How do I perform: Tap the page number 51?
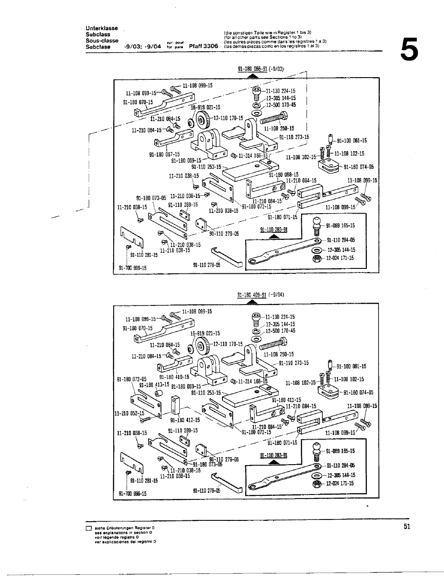(x=407, y=527)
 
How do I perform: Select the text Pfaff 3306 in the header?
(x=203, y=46)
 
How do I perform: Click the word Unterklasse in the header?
(x=102, y=29)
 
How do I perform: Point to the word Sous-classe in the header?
(x=102, y=41)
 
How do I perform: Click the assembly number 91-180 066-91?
(x=252, y=69)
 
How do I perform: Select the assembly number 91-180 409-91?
(x=252, y=295)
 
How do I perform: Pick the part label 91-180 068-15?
(x=284, y=174)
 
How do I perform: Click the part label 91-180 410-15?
(x=174, y=377)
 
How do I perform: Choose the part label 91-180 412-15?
(x=185, y=420)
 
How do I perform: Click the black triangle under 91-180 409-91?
(x=252, y=301)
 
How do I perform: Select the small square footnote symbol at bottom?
(x=88, y=528)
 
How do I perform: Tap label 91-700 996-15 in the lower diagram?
(x=133, y=494)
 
